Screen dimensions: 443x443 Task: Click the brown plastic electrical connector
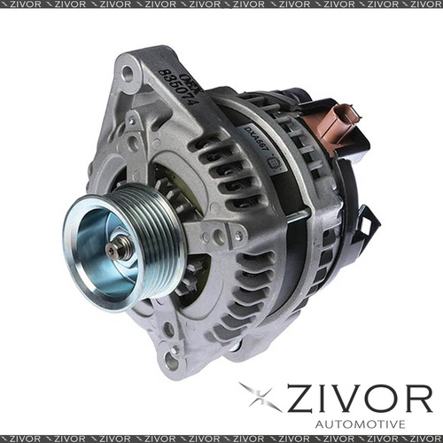point(338,125)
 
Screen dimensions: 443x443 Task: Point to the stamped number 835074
point(178,89)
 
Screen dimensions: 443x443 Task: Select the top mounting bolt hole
point(130,74)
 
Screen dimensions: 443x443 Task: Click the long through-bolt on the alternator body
point(292,216)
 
